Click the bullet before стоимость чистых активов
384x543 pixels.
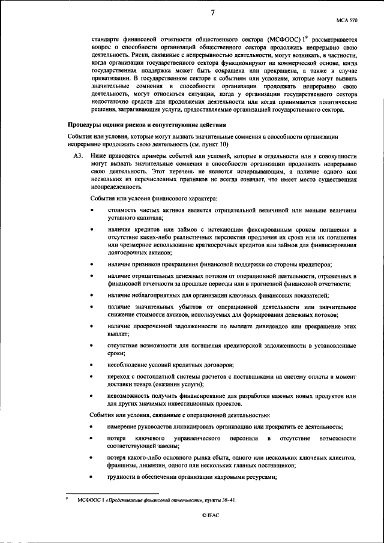[91, 210]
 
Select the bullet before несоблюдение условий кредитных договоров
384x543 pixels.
[91, 365]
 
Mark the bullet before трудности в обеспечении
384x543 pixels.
[91, 476]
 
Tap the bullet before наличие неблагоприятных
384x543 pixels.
[91, 296]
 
